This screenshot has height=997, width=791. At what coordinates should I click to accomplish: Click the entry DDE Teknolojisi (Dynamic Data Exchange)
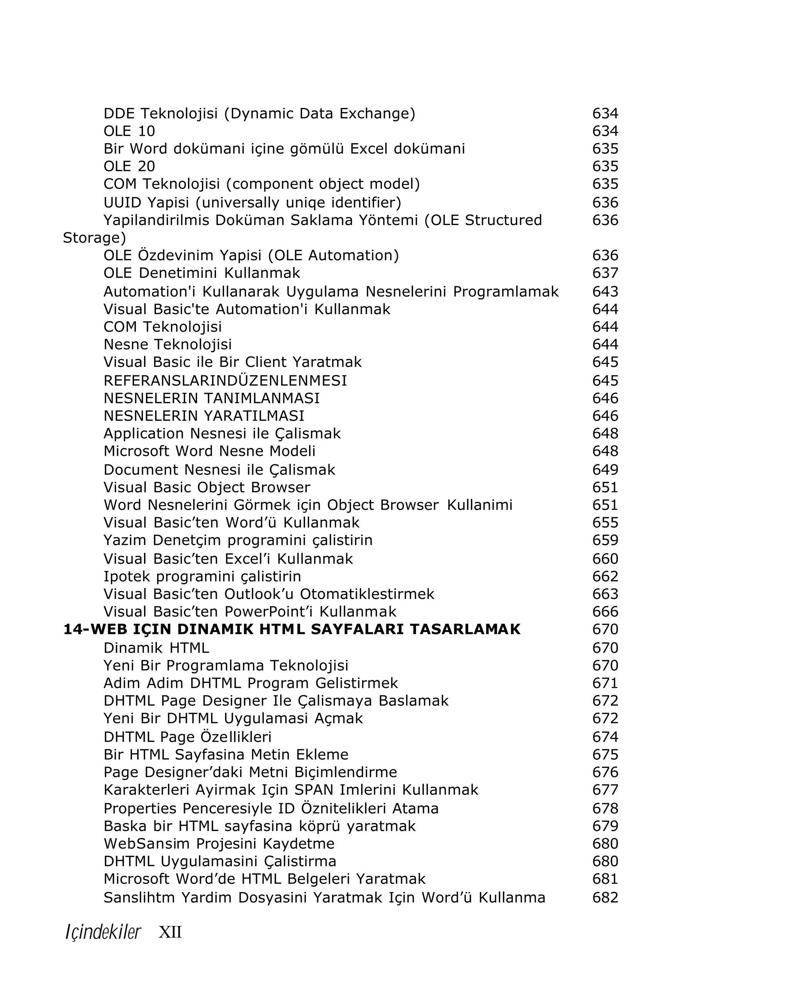click(x=259, y=113)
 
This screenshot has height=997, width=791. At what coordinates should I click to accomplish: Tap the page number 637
click(x=605, y=273)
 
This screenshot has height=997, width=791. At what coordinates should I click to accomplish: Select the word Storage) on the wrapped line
click(x=94, y=238)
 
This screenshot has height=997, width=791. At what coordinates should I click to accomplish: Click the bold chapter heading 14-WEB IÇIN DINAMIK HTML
click(x=292, y=629)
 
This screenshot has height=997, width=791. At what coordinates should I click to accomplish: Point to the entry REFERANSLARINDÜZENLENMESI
click(x=225, y=380)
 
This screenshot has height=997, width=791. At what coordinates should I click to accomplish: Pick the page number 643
click(x=605, y=291)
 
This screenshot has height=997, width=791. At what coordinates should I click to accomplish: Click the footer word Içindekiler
click(x=103, y=932)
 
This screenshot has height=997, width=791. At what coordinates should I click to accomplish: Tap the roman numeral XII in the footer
click(x=170, y=932)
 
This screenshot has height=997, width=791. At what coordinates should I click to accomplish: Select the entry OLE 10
click(x=129, y=131)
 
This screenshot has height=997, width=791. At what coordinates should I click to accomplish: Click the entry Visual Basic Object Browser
click(x=206, y=487)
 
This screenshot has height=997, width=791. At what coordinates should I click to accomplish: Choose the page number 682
click(x=605, y=897)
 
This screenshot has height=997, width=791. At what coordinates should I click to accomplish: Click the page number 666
click(x=605, y=612)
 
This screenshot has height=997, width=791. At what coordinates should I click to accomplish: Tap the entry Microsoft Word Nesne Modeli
click(x=209, y=451)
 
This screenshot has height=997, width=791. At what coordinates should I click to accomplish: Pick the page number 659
click(x=605, y=540)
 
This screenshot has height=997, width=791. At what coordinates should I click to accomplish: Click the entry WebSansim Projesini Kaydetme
click(x=219, y=843)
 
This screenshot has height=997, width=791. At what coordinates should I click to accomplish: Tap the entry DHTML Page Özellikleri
click(x=187, y=737)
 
